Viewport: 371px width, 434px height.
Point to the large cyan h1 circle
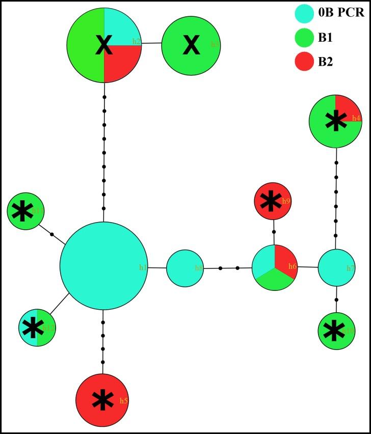[x=104, y=265]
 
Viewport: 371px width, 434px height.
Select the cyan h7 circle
[x=336, y=268]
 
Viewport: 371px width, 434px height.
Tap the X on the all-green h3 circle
[x=191, y=45]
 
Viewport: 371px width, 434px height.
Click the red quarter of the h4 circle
[x=348, y=107]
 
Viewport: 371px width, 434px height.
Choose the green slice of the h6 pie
[x=276, y=281]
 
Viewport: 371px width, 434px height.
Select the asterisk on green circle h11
[x=22, y=211]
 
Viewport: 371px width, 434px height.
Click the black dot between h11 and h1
[x=51, y=234]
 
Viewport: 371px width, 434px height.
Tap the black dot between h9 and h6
[x=274, y=232]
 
